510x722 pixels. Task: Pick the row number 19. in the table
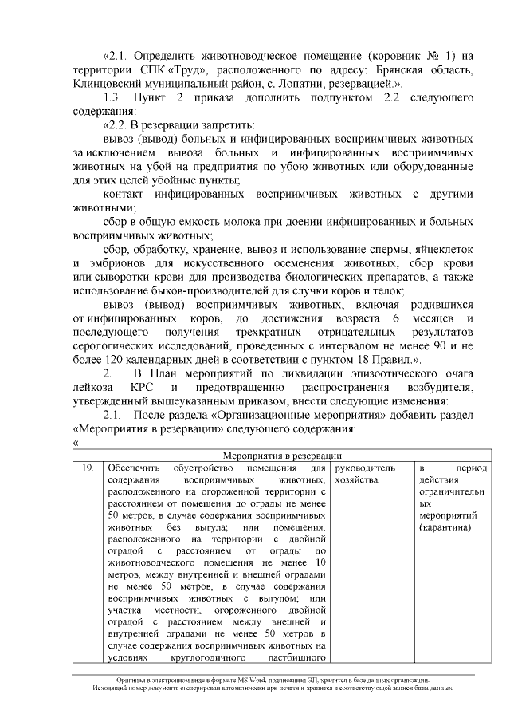[88, 468]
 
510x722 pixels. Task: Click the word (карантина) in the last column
[445, 528]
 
